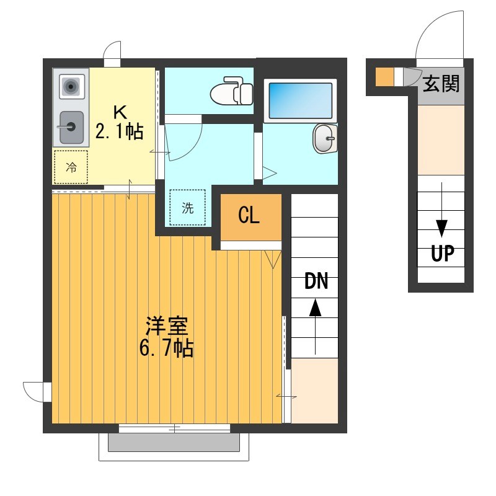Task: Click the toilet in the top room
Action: (232, 92)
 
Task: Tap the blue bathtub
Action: (301, 99)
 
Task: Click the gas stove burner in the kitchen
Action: (71, 87)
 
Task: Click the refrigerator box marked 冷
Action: (71, 167)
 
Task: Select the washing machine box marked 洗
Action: (188, 208)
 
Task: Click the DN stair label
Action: (316, 281)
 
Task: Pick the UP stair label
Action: (443, 254)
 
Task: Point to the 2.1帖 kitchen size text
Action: (119, 131)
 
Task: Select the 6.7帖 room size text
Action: (166, 348)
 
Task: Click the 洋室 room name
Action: (166, 325)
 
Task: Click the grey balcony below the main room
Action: (174, 442)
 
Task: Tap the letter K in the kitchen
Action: (119, 112)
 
